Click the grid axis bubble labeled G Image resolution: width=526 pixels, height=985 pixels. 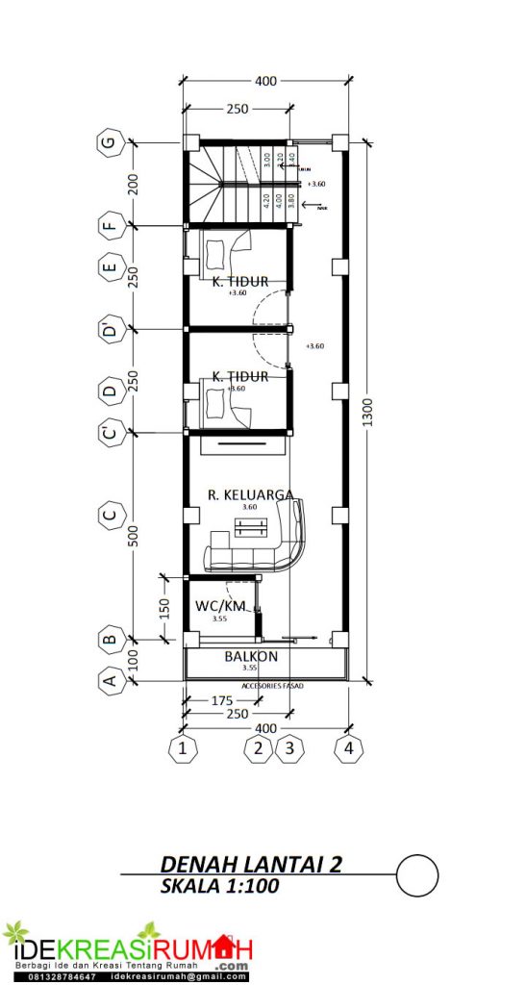pos(111,143)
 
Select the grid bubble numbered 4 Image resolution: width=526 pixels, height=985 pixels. pos(347,747)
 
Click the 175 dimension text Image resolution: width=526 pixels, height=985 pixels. pos(221,702)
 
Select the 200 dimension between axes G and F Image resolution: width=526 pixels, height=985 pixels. pos(134,184)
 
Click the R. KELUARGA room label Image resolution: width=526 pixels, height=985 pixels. pos(251,494)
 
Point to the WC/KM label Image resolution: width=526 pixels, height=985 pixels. pos(221,606)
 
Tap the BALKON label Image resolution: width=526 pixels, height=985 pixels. pos(251,657)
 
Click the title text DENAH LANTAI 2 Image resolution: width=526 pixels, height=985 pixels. pos(251,864)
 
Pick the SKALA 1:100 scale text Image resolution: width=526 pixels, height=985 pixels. pos(220,886)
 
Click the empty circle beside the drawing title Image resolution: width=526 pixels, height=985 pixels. pos(416,874)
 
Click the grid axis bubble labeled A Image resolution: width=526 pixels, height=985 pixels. pos(111,681)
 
